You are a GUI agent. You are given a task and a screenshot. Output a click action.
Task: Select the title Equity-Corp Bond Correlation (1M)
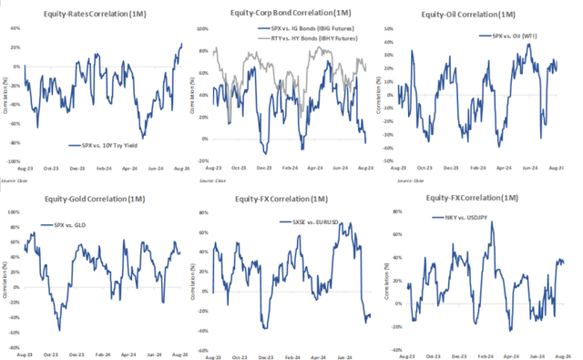click(291, 15)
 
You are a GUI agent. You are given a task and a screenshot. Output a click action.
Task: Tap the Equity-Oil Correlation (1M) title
click(484, 15)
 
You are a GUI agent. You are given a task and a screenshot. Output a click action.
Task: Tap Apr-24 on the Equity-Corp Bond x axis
click(314, 169)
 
